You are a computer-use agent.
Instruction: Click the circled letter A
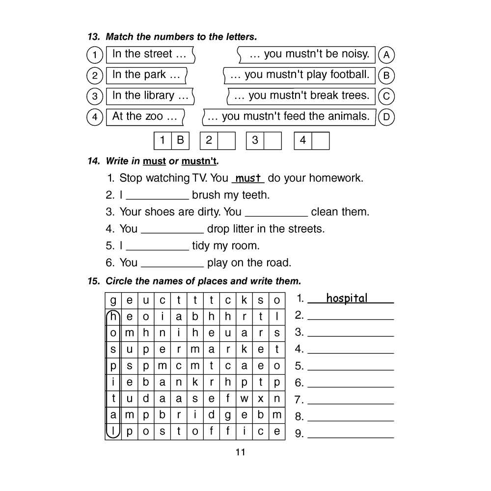(386, 55)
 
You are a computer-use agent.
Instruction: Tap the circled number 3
(94, 96)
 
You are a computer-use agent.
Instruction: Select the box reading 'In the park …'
(146, 75)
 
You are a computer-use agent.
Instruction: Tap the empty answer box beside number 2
(226, 140)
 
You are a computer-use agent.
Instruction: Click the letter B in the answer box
(180, 140)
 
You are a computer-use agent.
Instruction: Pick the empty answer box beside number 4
(320, 140)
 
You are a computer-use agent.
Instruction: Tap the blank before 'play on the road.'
(172, 264)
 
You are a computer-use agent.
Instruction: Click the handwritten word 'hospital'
(347, 299)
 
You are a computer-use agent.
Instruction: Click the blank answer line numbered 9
(351, 434)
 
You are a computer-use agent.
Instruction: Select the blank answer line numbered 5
(351, 366)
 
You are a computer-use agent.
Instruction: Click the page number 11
(240, 452)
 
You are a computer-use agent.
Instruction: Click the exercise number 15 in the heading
(93, 281)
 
